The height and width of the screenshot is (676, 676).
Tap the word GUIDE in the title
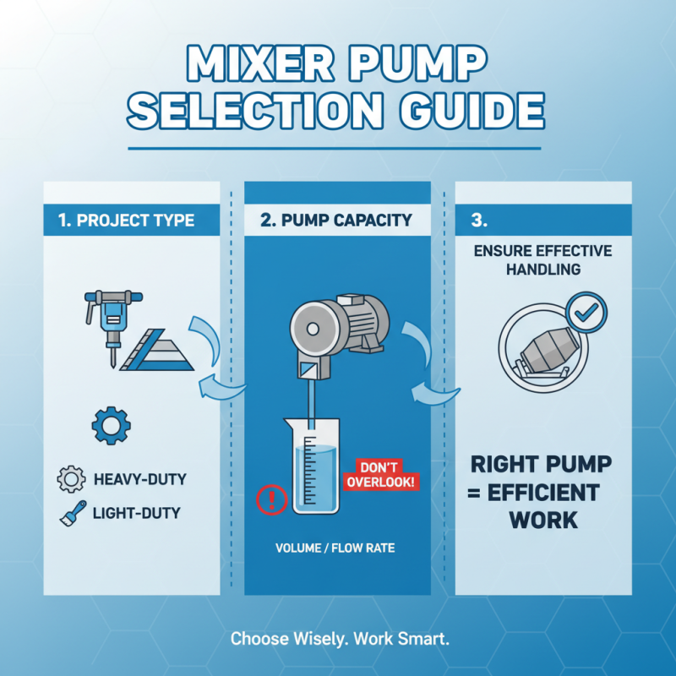[452, 113]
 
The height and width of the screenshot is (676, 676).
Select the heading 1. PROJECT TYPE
[127, 221]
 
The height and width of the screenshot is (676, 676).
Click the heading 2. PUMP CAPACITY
[336, 221]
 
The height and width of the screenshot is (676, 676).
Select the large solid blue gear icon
[110, 426]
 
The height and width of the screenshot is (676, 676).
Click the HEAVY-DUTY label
[140, 479]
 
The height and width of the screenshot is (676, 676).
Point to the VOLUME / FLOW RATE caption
[335, 548]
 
